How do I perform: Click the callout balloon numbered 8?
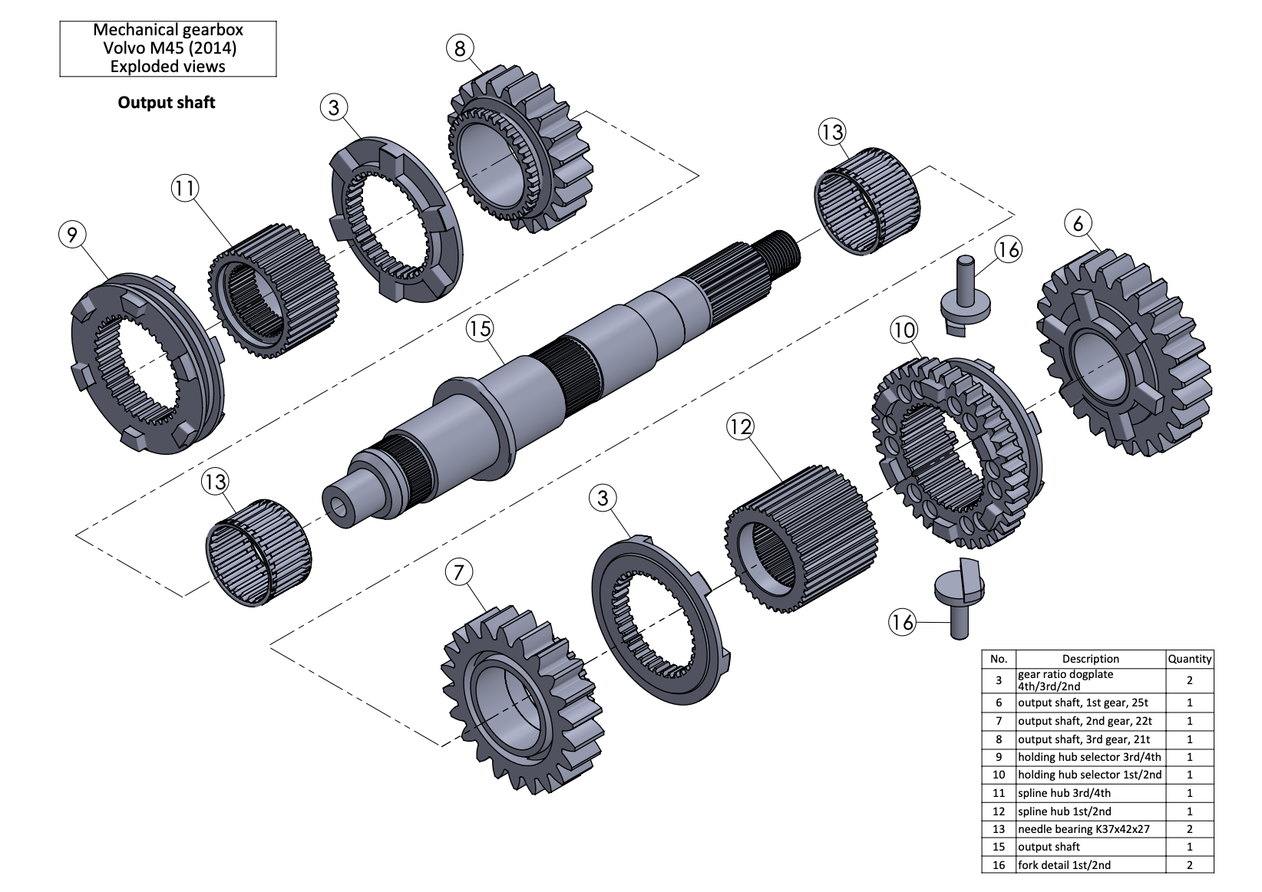click(x=459, y=49)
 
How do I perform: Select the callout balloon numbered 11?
click(x=185, y=188)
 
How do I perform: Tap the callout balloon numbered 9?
click(x=72, y=234)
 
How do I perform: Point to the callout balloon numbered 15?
click(x=479, y=329)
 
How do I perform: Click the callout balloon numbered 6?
click(x=1079, y=224)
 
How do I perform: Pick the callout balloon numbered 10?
click(x=904, y=331)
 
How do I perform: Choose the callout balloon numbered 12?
click(x=740, y=426)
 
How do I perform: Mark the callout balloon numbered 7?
click(x=458, y=572)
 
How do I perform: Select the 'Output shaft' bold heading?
click(x=166, y=103)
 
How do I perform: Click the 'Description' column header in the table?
click(x=1090, y=659)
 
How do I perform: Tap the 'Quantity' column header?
click(x=1189, y=659)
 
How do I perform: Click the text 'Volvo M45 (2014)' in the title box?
click(x=169, y=48)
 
